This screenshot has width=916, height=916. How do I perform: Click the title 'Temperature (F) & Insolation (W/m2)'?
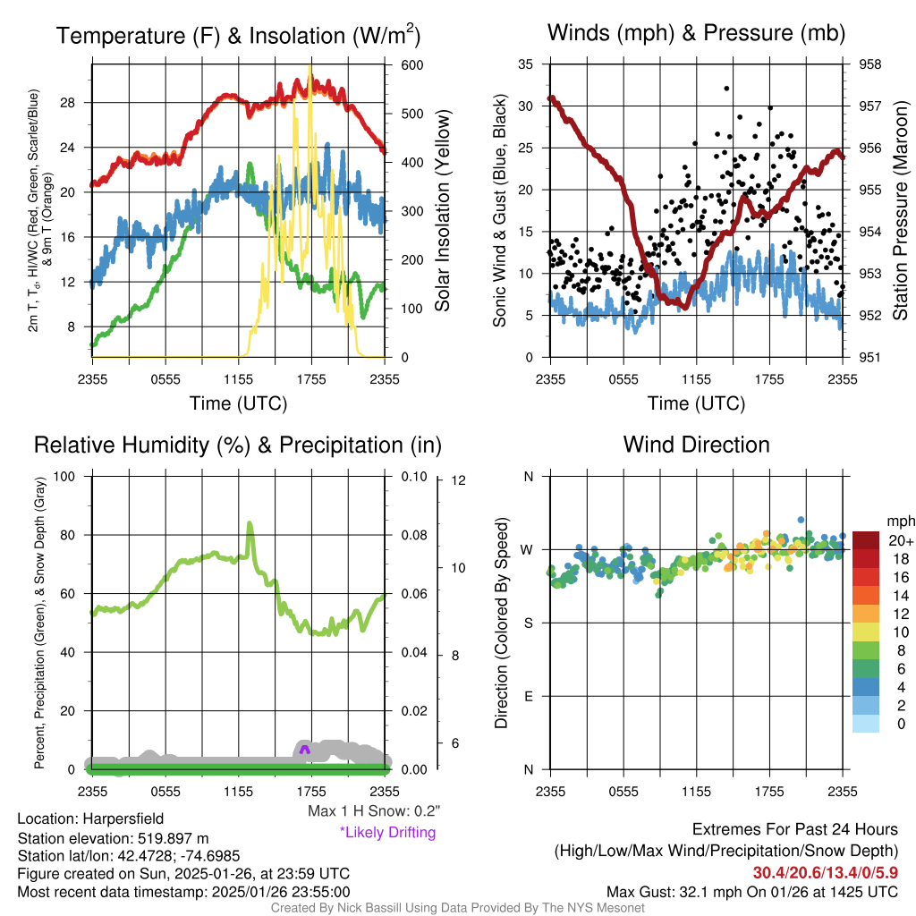(x=238, y=36)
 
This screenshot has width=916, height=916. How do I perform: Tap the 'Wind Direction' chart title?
(x=696, y=444)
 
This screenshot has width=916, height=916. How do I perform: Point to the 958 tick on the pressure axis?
(x=869, y=64)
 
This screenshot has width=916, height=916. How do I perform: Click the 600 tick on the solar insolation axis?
(x=412, y=64)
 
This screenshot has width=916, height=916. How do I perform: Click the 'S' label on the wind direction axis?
(x=528, y=623)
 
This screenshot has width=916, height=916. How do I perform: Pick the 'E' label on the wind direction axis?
(x=528, y=696)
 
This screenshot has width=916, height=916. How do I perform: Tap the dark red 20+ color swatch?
(x=867, y=539)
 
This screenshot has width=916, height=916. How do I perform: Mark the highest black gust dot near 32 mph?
(x=726, y=89)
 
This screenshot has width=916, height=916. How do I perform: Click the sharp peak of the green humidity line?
(x=250, y=523)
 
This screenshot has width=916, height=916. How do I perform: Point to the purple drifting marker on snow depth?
(x=305, y=748)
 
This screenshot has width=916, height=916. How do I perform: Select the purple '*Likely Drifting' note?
(x=387, y=832)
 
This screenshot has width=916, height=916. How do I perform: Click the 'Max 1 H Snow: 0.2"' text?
(x=374, y=811)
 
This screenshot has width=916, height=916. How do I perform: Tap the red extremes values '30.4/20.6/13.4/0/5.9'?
(x=825, y=872)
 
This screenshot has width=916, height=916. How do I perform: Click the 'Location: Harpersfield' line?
(x=90, y=818)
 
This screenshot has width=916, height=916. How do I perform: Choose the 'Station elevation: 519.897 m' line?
(x=113, y=838)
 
